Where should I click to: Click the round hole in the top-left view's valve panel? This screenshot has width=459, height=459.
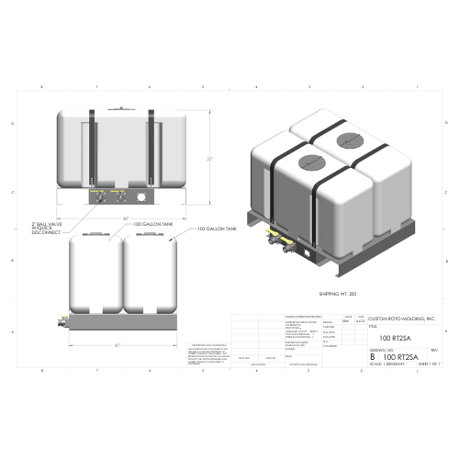[141, 197]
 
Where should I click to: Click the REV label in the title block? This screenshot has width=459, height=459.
[433, 350]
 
